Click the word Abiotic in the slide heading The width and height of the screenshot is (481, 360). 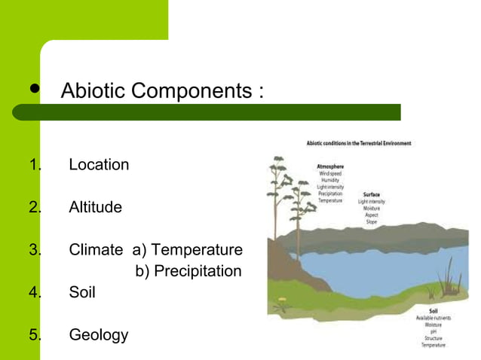92,91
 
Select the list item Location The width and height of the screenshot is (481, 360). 99,164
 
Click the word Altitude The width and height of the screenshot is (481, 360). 95,206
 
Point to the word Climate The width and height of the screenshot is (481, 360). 96,249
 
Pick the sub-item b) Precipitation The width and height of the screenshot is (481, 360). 188,270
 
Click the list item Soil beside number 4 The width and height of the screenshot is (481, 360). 82,292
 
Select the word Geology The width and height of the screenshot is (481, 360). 99,334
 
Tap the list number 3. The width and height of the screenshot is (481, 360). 33,249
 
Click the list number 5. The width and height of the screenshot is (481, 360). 33,334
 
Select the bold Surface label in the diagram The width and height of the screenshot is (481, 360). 371,194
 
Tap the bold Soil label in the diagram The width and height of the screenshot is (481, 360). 434,310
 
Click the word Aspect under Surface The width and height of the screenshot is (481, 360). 371,215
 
